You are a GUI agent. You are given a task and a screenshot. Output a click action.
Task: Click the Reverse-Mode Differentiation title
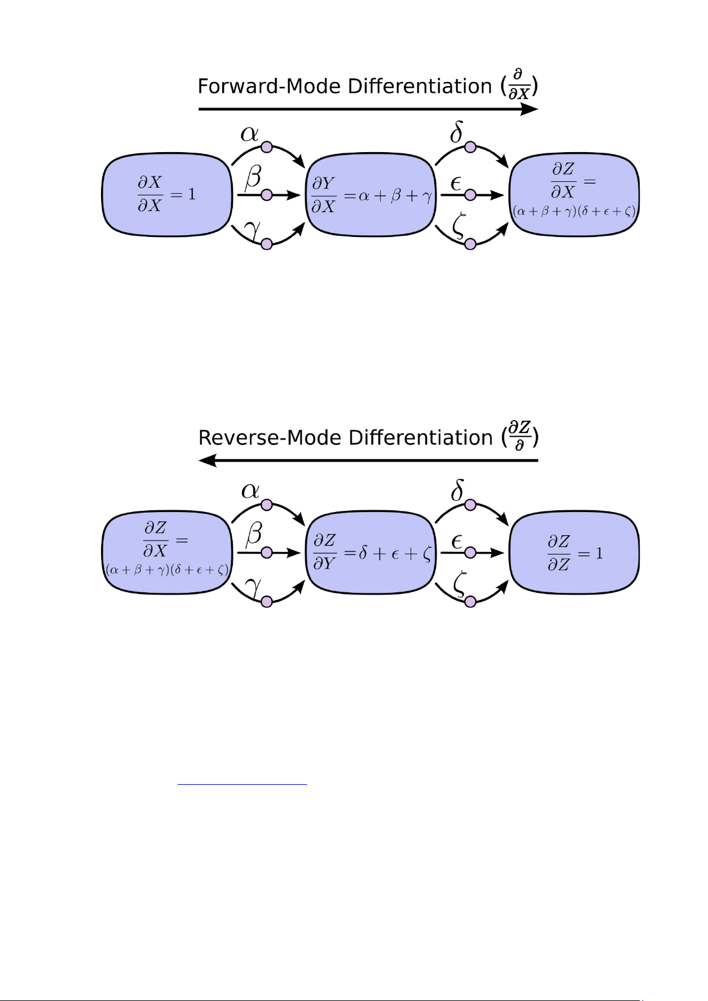[368, 438]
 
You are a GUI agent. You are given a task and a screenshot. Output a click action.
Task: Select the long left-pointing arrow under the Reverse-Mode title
[368, 460]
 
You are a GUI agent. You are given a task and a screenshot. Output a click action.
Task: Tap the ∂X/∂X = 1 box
[167, 194]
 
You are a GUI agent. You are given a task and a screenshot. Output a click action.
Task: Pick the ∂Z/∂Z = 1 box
[574, 552]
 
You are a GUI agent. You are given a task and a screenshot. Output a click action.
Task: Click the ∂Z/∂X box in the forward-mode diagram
[574, 194]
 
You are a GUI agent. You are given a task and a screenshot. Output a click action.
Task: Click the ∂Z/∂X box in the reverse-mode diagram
[167, 552]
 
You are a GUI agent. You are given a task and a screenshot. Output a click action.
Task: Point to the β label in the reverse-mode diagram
[254, 534]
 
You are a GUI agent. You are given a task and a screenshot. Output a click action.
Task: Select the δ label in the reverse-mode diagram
[457, 491]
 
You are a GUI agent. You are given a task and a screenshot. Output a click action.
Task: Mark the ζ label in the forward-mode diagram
[458, 228]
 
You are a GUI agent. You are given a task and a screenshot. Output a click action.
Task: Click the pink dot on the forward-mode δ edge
[470, 147]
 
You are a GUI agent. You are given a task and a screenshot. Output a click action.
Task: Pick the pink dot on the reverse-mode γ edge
[267, 601]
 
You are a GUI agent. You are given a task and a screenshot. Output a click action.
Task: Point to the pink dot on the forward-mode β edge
[267, 195]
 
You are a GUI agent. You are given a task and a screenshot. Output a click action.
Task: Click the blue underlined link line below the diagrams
[242, 785]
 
